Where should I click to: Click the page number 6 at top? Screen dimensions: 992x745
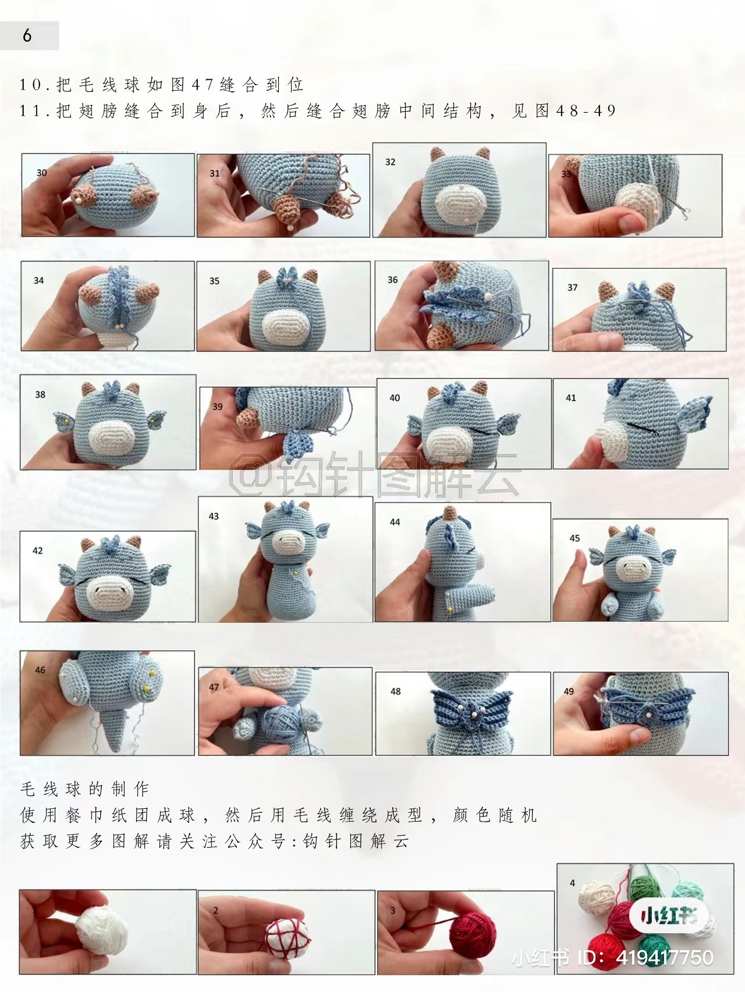[27, 35]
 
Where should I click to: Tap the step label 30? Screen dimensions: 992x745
[41, 173]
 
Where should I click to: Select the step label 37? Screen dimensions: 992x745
[572, 287]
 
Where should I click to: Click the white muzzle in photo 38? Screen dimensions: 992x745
[111, 436]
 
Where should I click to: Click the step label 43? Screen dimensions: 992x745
[214, 516]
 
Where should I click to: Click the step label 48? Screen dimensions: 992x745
[396, 691]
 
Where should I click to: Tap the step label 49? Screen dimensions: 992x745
[569, 691]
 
